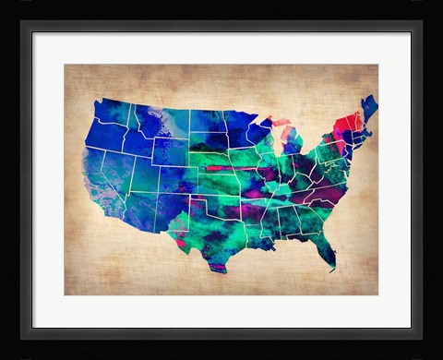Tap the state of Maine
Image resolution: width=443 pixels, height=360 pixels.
pyautogui.click(x=369, y=109)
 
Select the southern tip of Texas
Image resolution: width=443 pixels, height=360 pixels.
pyautogui.click(x=218, y=267)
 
